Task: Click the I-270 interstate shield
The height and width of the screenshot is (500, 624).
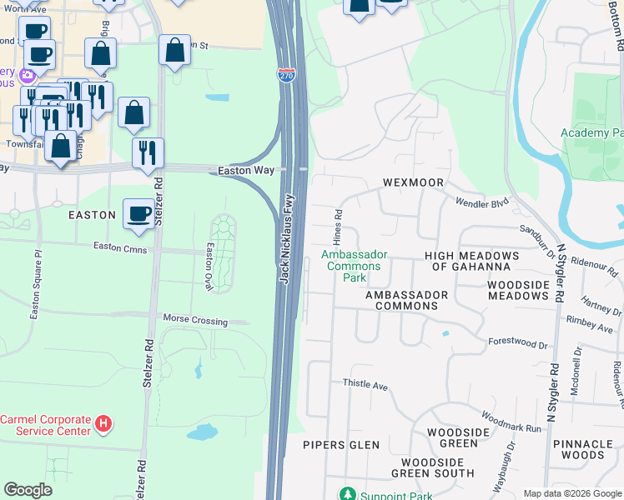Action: point(286,74)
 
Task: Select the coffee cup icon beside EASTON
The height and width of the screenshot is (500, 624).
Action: point(138,213)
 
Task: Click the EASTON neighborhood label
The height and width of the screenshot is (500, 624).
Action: point(92,215)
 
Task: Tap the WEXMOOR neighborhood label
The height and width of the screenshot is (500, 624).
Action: point(412,182)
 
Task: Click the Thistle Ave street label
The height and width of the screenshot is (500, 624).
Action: point(365,385)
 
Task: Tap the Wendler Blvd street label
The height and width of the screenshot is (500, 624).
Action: point(481,202)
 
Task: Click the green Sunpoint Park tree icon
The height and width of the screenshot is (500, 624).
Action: point(350,496)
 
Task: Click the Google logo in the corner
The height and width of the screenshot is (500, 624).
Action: point(28,490)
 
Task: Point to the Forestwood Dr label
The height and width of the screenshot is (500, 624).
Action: point(517,341)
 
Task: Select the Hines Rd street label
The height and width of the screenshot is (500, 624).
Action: point(340,222)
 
